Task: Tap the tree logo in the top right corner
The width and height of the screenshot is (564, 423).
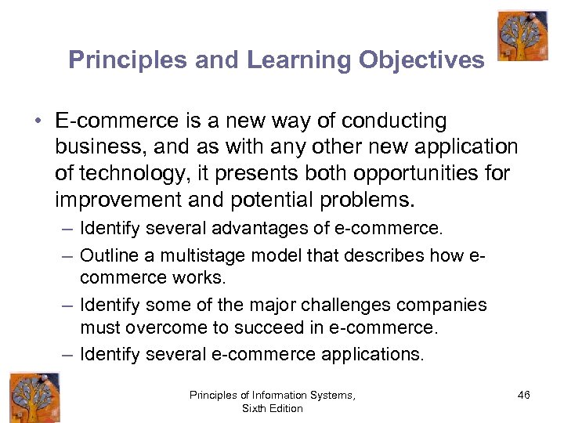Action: click(x=522, y=35)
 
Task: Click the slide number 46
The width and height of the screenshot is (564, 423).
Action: click(x=523, y=396)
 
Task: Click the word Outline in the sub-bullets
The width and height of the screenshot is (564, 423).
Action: click(x=106, y=255)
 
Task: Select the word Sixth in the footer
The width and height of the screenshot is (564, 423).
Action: click(x=255, y=409)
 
